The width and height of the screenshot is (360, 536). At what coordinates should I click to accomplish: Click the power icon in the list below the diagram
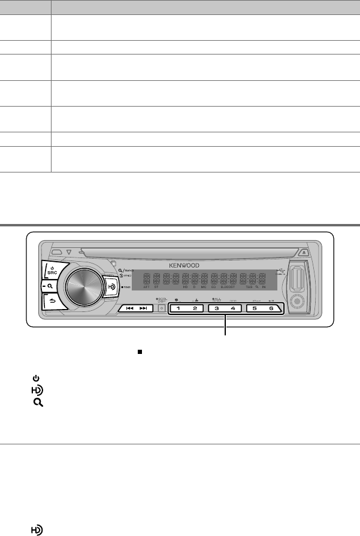tap(36, 379)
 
